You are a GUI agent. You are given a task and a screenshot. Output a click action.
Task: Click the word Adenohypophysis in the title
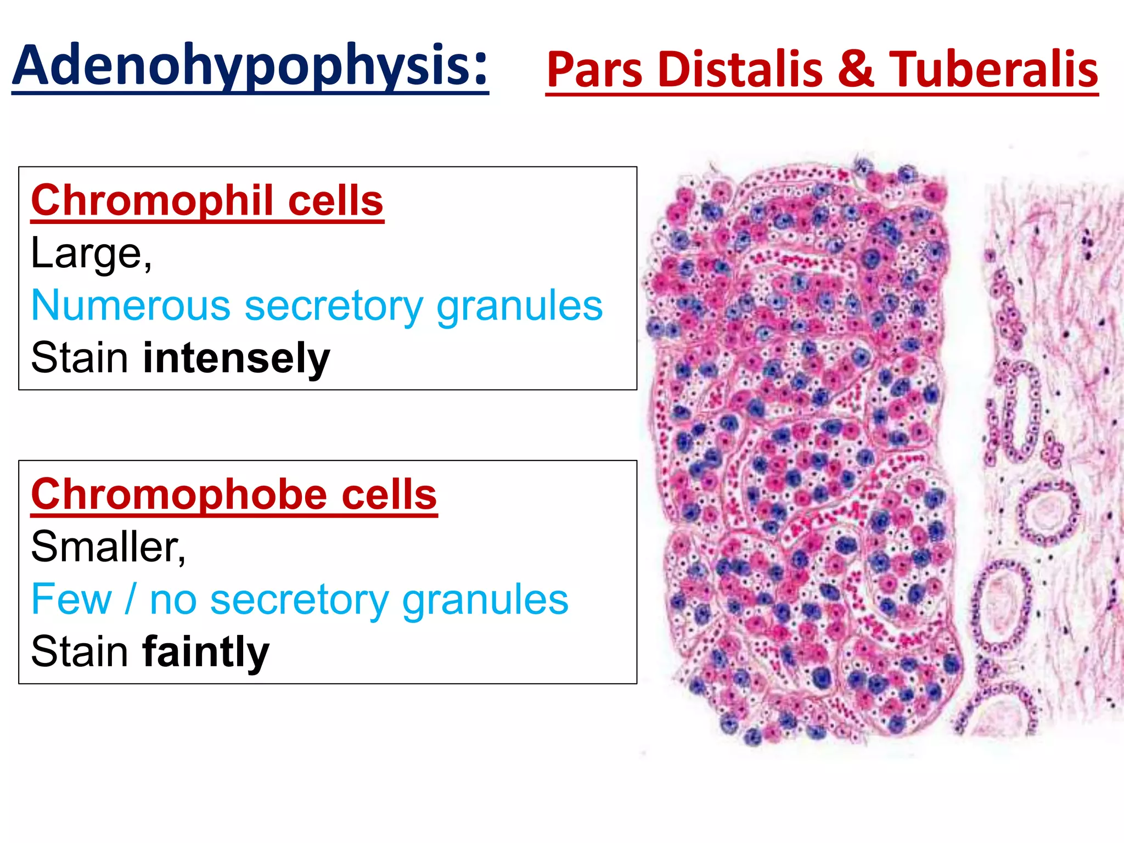click(241, 66)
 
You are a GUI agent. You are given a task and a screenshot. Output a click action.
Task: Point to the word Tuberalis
click(993, 70)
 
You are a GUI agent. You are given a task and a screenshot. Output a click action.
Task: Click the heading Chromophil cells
click(207, 201)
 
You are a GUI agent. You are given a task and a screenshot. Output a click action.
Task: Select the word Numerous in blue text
click(131, 306)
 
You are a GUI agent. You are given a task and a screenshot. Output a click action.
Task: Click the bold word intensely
click(236, 358)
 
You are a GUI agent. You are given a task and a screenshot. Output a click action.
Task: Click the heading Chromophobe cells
click(234, 494)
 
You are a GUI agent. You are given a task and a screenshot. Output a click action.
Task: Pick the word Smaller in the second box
click(108, 547)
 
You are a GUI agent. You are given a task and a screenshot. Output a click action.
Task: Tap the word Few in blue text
click(71, 599)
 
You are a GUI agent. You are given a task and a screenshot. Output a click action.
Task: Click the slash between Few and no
click(130, 599)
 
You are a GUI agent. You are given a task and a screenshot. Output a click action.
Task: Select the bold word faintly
click(205, 652)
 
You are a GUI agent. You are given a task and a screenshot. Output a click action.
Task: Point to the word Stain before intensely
click(80, 358)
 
